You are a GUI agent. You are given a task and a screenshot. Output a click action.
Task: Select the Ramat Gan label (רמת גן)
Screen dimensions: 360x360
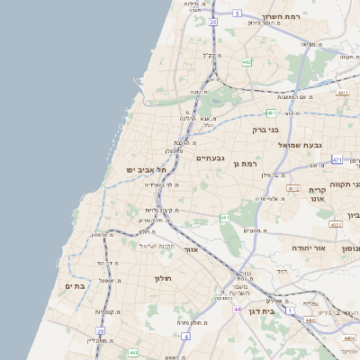click(x=244, y=163)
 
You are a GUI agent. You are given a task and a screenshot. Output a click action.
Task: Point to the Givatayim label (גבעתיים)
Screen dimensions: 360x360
click(x=211, y=157)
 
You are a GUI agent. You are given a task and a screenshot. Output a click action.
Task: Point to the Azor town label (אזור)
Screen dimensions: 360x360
click(x=190, y=248)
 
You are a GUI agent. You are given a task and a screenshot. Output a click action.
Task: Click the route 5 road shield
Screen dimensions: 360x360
click(x=236, y=13)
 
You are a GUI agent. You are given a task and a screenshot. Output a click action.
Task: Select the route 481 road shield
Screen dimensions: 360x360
click(x=271, y=112)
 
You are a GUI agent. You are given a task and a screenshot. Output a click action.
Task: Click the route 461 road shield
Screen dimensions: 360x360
click(x=224, y=218)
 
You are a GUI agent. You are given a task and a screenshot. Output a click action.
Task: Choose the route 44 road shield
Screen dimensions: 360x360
click(x=236, y=309)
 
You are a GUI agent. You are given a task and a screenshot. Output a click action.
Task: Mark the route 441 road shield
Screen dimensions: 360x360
click(x=132, y=353)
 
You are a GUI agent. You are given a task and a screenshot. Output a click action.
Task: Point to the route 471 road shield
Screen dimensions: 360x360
click(x=337, y=159)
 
